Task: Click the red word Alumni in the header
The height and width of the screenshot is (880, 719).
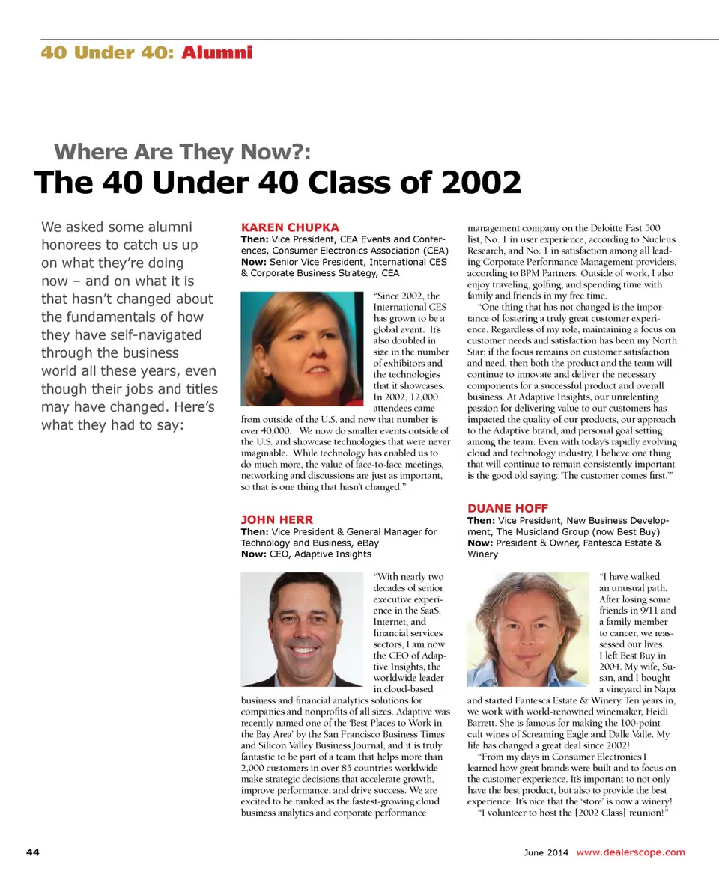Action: tap(216, 52)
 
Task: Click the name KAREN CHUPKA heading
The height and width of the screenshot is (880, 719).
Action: tap(290, 227)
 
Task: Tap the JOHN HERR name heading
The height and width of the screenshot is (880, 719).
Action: tap(277, 519)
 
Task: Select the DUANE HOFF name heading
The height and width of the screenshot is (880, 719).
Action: tap(508, 508)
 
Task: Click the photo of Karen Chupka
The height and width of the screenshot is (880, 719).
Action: tap(303, 349)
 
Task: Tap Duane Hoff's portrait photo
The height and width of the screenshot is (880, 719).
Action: tap(529, 629)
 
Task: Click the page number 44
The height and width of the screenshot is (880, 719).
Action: tap(33, 852)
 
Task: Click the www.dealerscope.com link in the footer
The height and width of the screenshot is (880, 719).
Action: tap(631, 852)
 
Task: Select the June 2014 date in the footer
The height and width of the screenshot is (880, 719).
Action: tap(546, 852)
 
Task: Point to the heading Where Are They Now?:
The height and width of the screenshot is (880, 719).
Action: tap(182, 152)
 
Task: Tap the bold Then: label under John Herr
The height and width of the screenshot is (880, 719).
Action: tap(255, 531)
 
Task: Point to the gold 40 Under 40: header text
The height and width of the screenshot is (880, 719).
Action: tap(109, 52)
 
